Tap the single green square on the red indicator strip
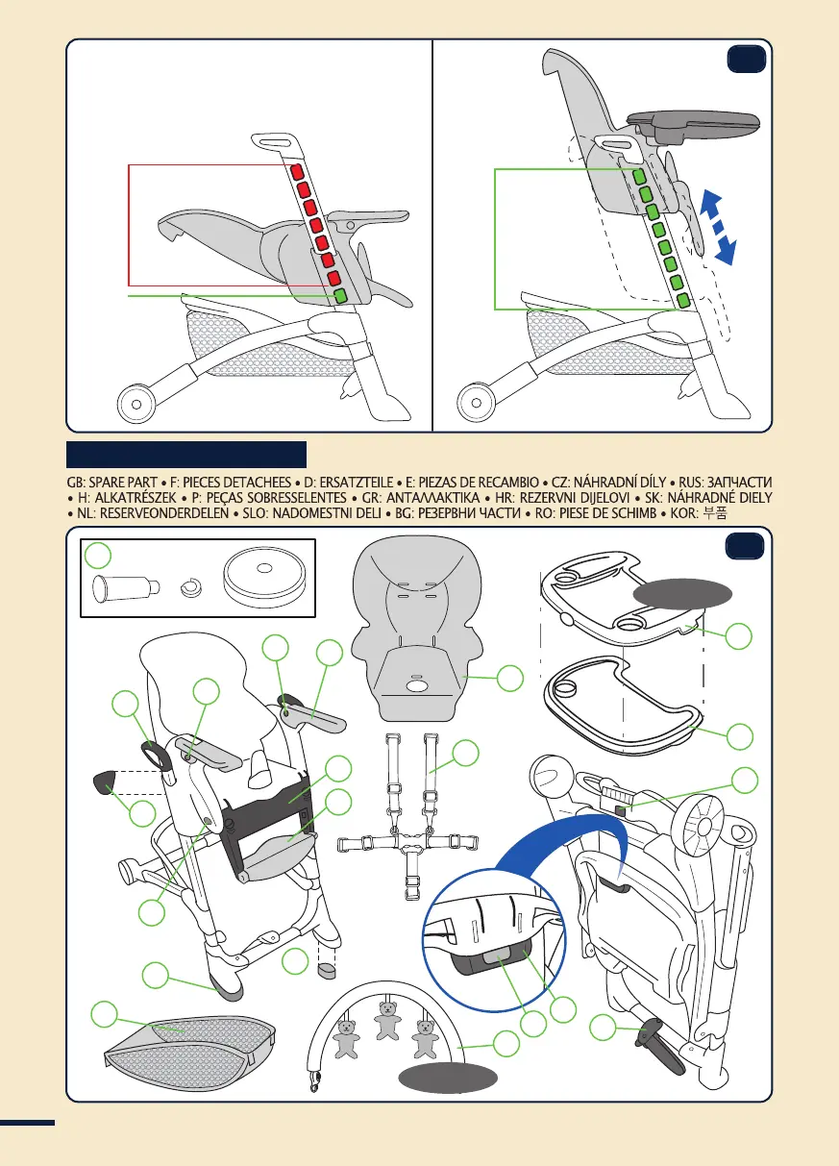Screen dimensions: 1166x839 tap(340, 295)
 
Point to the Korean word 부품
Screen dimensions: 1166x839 tap(716, 513)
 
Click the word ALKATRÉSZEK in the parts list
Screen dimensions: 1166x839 tap(132, 497)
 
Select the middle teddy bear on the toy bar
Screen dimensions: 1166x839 tap(389, 1019)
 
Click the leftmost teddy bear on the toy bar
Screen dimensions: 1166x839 tap(347, 1039)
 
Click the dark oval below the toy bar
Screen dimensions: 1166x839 tap(450, 1078)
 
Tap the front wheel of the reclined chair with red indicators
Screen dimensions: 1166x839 tap(136, 404)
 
